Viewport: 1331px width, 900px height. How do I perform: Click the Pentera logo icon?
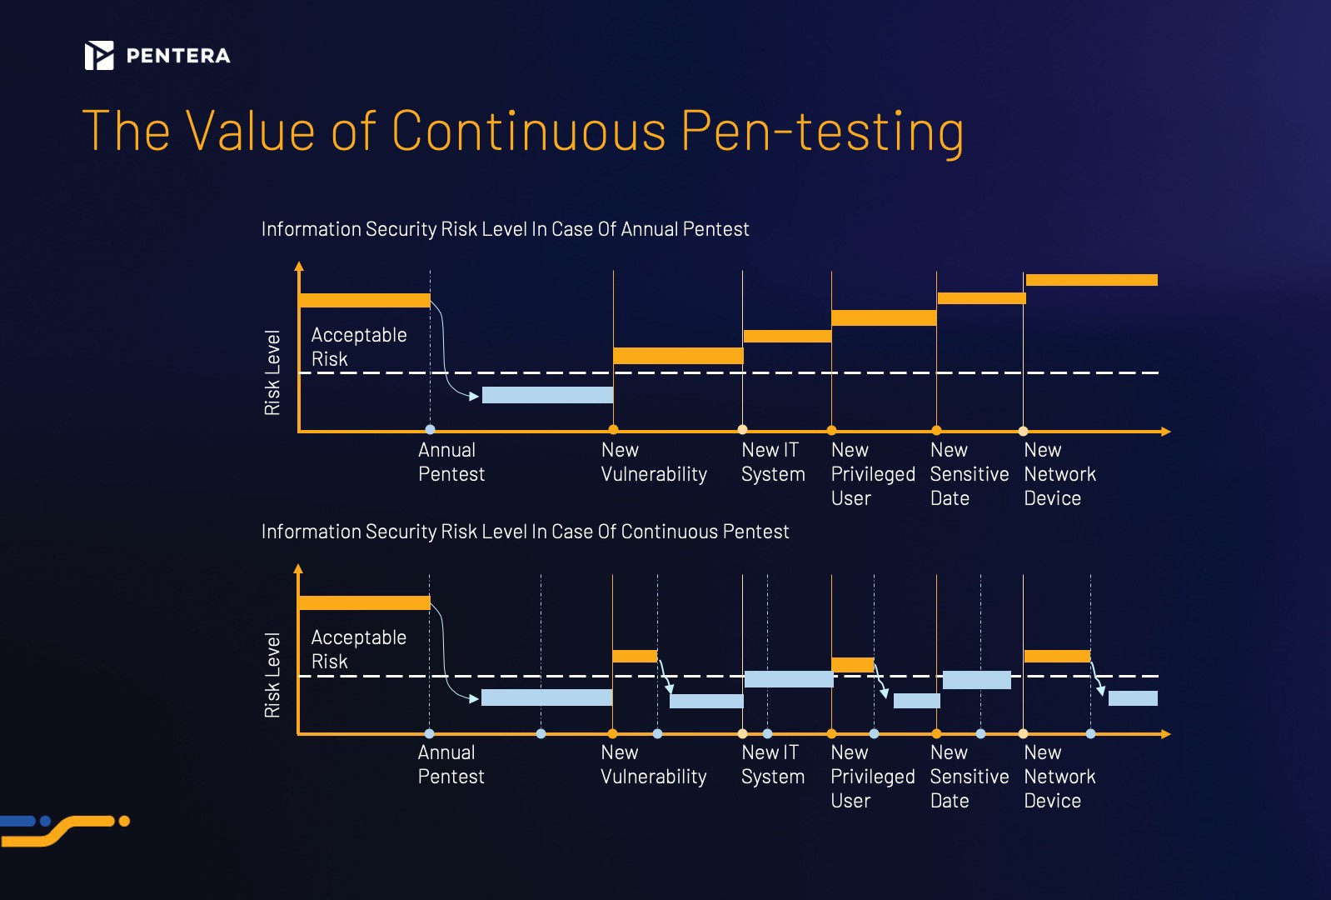click(99, 56)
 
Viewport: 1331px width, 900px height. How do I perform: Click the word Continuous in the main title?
click(529, 131)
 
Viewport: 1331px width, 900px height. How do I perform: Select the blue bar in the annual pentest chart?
click(547, 395)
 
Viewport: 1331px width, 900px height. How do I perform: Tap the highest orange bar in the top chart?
click(1091, 280)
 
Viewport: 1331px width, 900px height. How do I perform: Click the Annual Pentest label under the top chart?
click(451, 462)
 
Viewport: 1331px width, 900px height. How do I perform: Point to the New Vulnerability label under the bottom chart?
click(653, 765)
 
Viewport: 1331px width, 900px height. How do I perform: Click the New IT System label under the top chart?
click(773, 462)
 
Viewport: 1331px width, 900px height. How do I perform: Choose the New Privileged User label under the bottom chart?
click(872, 777)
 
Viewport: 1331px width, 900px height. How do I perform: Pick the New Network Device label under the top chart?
click(1059, 474)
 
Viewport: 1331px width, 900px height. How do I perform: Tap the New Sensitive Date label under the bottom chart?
click(969, 777)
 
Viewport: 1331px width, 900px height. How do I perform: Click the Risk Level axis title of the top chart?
click(272, 372)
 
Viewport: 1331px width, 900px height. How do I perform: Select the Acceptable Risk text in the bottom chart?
click(358, 649)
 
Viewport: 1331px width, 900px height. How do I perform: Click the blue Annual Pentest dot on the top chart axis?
click(430, 430)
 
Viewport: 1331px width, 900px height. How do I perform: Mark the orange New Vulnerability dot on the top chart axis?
click(613, 430)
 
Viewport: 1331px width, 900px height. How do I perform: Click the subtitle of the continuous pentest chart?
click(525, 532)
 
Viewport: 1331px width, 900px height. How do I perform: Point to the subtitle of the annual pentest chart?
click(505, 229)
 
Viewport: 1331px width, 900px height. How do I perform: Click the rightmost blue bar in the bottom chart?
click(1133, 698)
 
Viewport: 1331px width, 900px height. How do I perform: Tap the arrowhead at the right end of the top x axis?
click(1166, 432)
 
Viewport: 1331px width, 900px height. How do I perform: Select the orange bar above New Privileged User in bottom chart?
click(853, 665)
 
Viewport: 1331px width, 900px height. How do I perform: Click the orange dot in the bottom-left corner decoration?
click(124, 821)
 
